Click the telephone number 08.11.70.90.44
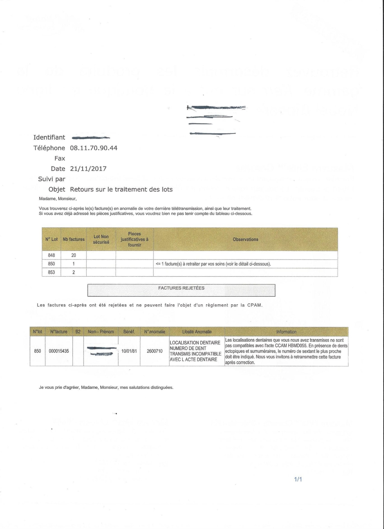pos(93,148)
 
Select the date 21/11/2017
pos(88,169)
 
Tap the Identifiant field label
pos(49,138)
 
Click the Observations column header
pos(245,239)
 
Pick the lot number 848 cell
pos(52,255)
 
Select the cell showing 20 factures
pos(73,255)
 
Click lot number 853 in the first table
pos(52,272)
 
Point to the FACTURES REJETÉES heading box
pos(181,290)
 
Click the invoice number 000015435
pos(59,351)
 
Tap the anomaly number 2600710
pos(155,351)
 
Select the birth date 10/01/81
pos(129,351)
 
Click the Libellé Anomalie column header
pos(197,332)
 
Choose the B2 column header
pos(78,332)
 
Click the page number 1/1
pos(298,479)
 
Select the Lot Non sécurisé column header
pos(101,239)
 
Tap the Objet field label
pos(57,190)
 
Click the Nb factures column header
pos(73,239)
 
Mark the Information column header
pos(286,332)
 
